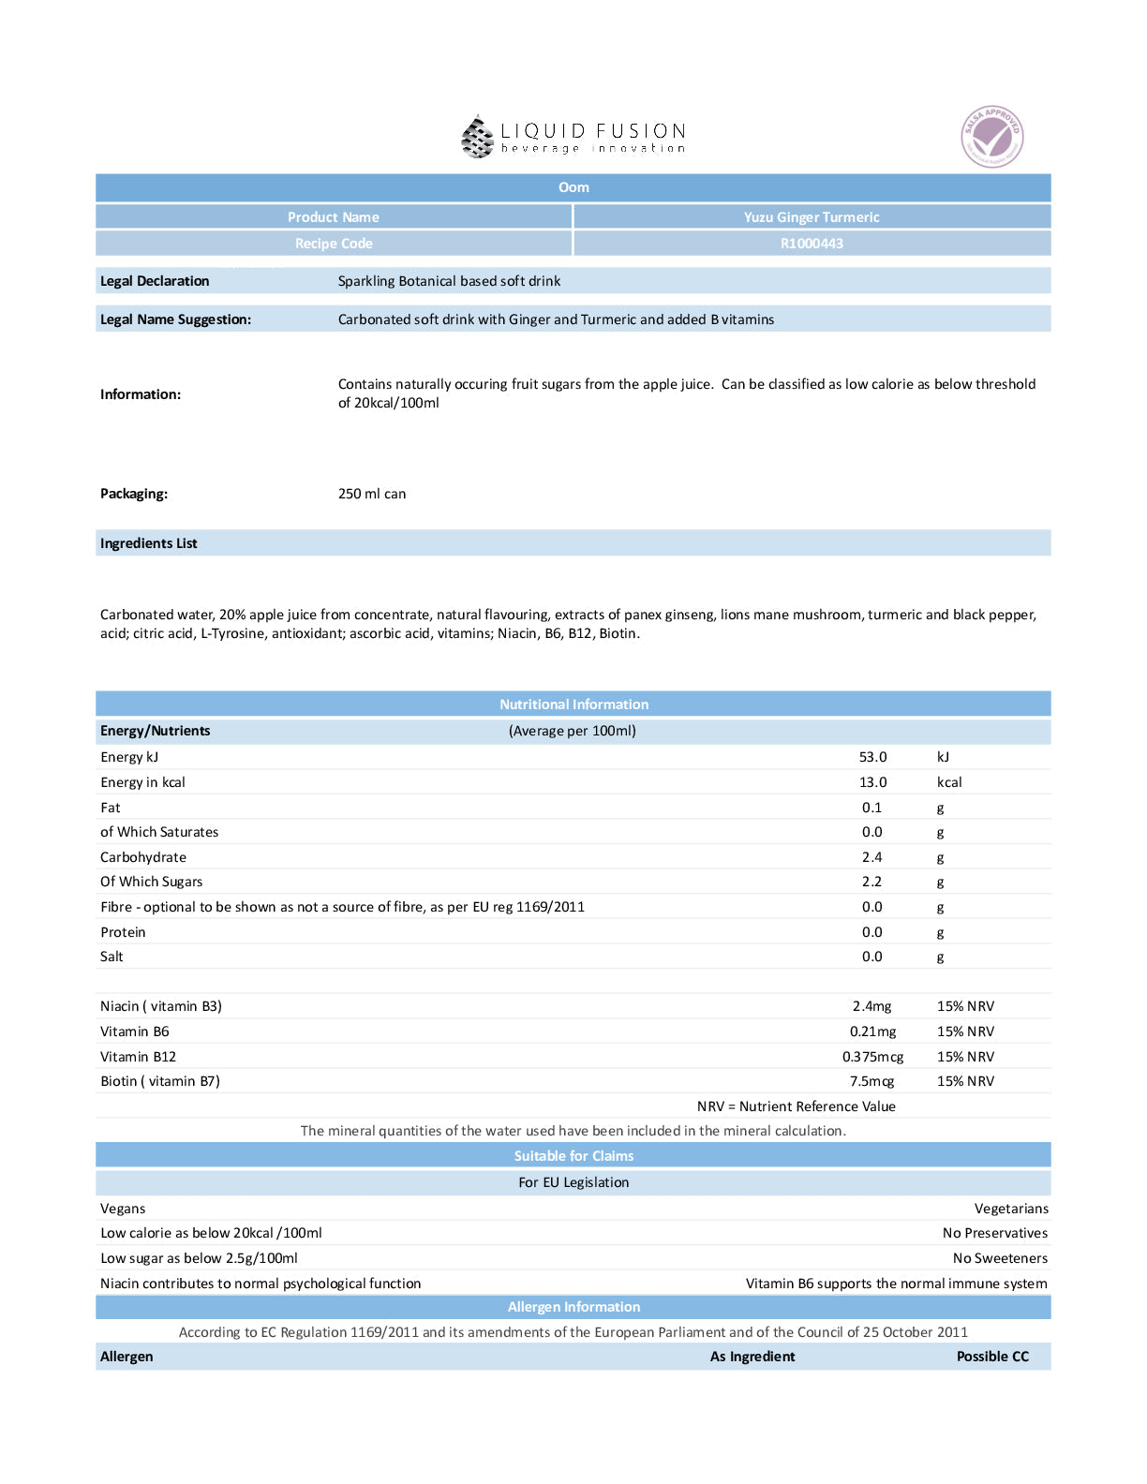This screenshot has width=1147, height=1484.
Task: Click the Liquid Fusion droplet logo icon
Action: click(x=477, y=137)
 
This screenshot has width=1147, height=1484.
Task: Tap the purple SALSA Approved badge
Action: click(x=991, y=137)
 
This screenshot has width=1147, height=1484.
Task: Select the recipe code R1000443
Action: click(x=812, y=244)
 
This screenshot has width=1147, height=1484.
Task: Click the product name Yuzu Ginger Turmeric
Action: click(x=812, y=217)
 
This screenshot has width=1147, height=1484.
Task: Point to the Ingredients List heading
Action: click(x=149, y=543)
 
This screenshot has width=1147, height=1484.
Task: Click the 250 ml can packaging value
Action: click(x=372, y=494)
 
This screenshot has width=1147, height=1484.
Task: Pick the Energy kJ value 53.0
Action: click(x=872, y=757)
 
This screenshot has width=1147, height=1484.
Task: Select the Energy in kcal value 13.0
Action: click(x=872, y=782)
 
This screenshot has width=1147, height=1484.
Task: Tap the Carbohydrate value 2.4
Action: click(x=871, y=857)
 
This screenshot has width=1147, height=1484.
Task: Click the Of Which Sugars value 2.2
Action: click(x=871, y=882)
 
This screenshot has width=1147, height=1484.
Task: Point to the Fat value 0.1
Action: click(x=871, y=808)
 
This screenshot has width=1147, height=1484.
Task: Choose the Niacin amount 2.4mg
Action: click(x=871, y=1006)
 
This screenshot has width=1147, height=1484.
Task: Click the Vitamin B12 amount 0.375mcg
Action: click(x=872, y=1057)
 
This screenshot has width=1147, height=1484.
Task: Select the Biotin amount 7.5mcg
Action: click(x=871, y=1081)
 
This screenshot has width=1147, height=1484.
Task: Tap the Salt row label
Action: click(x=112, y=957)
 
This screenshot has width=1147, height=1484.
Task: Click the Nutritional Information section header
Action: click(x=573, y=705)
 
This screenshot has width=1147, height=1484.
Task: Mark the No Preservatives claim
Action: click(x=994, y=1233)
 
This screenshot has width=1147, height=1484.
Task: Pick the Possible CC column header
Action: click(x=992, y=1357)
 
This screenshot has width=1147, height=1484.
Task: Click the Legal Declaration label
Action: click(x=155, y=281)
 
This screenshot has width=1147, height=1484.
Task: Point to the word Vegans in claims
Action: click(x=123, y=1209)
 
